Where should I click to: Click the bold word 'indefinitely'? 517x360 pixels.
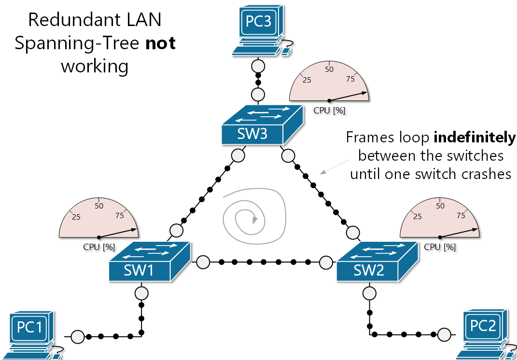point(475,138)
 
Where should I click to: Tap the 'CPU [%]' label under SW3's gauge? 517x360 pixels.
point(329,110)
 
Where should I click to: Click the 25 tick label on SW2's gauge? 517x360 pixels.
point(418,216)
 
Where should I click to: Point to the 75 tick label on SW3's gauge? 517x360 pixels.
point(351,79)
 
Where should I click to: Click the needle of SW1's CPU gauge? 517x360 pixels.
point(118,233)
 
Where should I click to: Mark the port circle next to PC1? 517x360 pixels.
point(77,336)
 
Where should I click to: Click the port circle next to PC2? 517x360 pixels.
point(444,333)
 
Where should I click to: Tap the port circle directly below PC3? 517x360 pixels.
point(258,65)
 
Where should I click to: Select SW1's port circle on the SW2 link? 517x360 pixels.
point(203,262)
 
